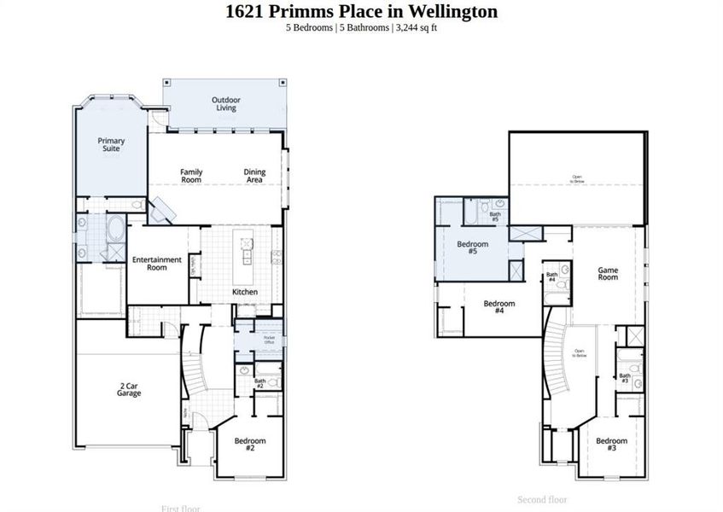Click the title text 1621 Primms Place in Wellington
361,12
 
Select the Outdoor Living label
226,104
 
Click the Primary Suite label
111,144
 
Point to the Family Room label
191,176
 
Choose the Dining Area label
254,176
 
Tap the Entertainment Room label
156,264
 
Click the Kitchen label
245,292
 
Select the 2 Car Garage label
129,390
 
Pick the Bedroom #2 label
250,445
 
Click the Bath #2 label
259,384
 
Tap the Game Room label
607,273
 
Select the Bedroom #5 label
472,248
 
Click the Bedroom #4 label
499,307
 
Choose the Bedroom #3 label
611,445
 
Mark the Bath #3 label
625,376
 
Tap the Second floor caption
542,499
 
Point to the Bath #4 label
551,277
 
